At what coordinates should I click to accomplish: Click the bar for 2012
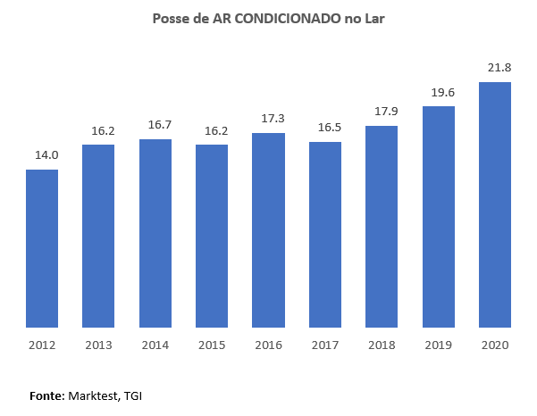(42, 248)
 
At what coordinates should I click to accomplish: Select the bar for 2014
(155, 233)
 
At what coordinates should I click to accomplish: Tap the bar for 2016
(268, 230)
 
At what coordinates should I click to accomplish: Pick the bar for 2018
(382, 227)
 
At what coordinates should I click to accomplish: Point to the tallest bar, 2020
(495, 204)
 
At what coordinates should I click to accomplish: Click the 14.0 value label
(46, 155)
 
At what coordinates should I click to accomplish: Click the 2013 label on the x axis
(98, 345)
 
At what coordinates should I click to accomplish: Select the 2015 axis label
(212, 345)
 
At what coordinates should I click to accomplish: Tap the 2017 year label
(325, 345)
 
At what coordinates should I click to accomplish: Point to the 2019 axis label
(438, 345)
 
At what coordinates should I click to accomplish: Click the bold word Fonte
(46, 394)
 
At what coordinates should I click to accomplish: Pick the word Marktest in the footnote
(94, 394)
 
